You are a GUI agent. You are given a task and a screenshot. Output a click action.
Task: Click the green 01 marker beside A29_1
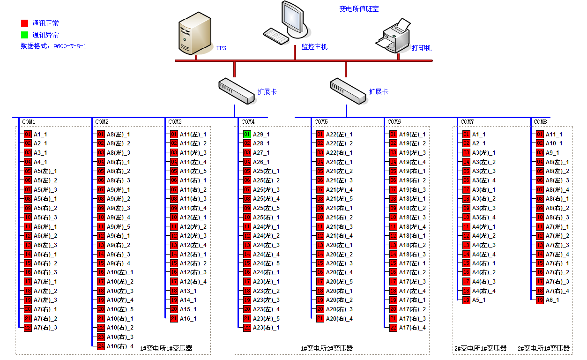pos(247,135)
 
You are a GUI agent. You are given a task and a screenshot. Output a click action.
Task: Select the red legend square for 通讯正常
pos(24,23)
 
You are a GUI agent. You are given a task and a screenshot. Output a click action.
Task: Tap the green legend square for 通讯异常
pos(24,35)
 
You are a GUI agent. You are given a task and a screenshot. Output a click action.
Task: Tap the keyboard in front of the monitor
pos(276,36)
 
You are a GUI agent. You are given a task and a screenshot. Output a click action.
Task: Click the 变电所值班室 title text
pos(359,9)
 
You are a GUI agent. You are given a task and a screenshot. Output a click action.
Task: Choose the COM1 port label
pos(29,122)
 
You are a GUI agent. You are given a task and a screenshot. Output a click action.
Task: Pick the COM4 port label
pos(248,122)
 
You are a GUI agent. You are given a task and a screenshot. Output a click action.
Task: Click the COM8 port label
pos(540,122)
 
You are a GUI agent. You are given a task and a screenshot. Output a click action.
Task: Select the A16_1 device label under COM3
pos(188,319)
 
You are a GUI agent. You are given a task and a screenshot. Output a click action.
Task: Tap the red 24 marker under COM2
pos(101,346)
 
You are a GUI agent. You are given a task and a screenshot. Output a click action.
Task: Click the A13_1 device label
pos(188,291)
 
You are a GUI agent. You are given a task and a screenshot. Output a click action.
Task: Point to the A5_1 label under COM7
pos(479,300)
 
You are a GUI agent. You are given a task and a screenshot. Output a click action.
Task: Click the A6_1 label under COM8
pos(552,300)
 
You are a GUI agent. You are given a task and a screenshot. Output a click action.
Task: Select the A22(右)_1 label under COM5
pos(339,153)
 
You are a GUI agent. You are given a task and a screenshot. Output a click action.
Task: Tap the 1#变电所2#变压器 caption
pos(327,348)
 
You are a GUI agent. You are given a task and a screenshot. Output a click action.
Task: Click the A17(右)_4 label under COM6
pos(412,328)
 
